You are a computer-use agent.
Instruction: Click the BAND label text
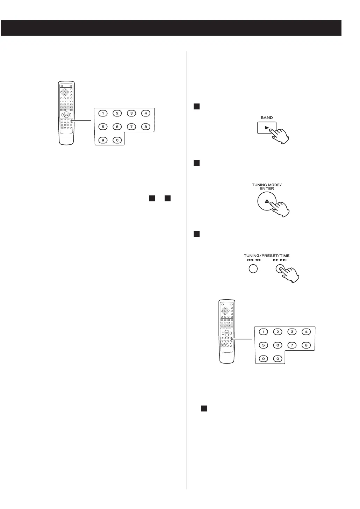[267, 118]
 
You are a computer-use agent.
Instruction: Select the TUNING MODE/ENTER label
[267, 187]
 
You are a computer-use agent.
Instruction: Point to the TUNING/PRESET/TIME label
[267, 256]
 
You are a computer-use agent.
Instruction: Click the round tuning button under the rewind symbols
[253, 269]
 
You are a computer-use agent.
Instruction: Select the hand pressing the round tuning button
[290, 274]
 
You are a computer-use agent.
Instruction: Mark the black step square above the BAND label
[196, 107]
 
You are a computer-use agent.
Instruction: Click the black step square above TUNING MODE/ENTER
[196, 163]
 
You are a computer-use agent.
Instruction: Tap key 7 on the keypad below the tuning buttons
[292, 345]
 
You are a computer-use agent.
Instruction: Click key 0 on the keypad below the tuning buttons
[278, 359]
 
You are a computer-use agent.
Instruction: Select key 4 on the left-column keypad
[145, 113]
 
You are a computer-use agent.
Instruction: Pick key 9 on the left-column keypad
[103, 140]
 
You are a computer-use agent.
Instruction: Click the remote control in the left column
[66, 113]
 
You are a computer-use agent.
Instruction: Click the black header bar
[171, 28]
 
